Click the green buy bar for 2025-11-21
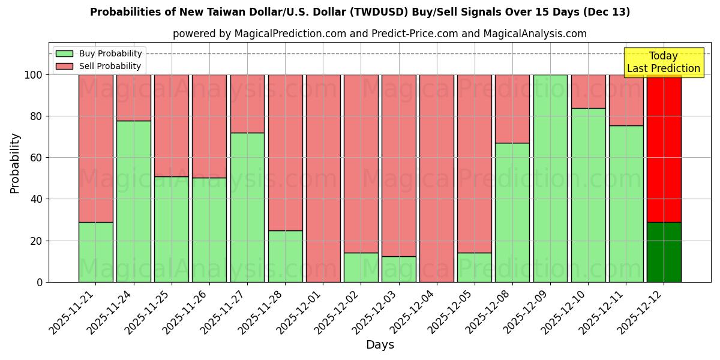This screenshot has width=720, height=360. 95,252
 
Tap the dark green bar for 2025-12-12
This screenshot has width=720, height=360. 664,252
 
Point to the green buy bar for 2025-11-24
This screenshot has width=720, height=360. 133,201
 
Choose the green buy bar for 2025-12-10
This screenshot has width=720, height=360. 588,195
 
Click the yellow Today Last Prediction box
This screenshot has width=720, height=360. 663,62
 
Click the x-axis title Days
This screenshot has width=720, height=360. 380,345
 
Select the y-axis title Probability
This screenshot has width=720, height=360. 15,163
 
